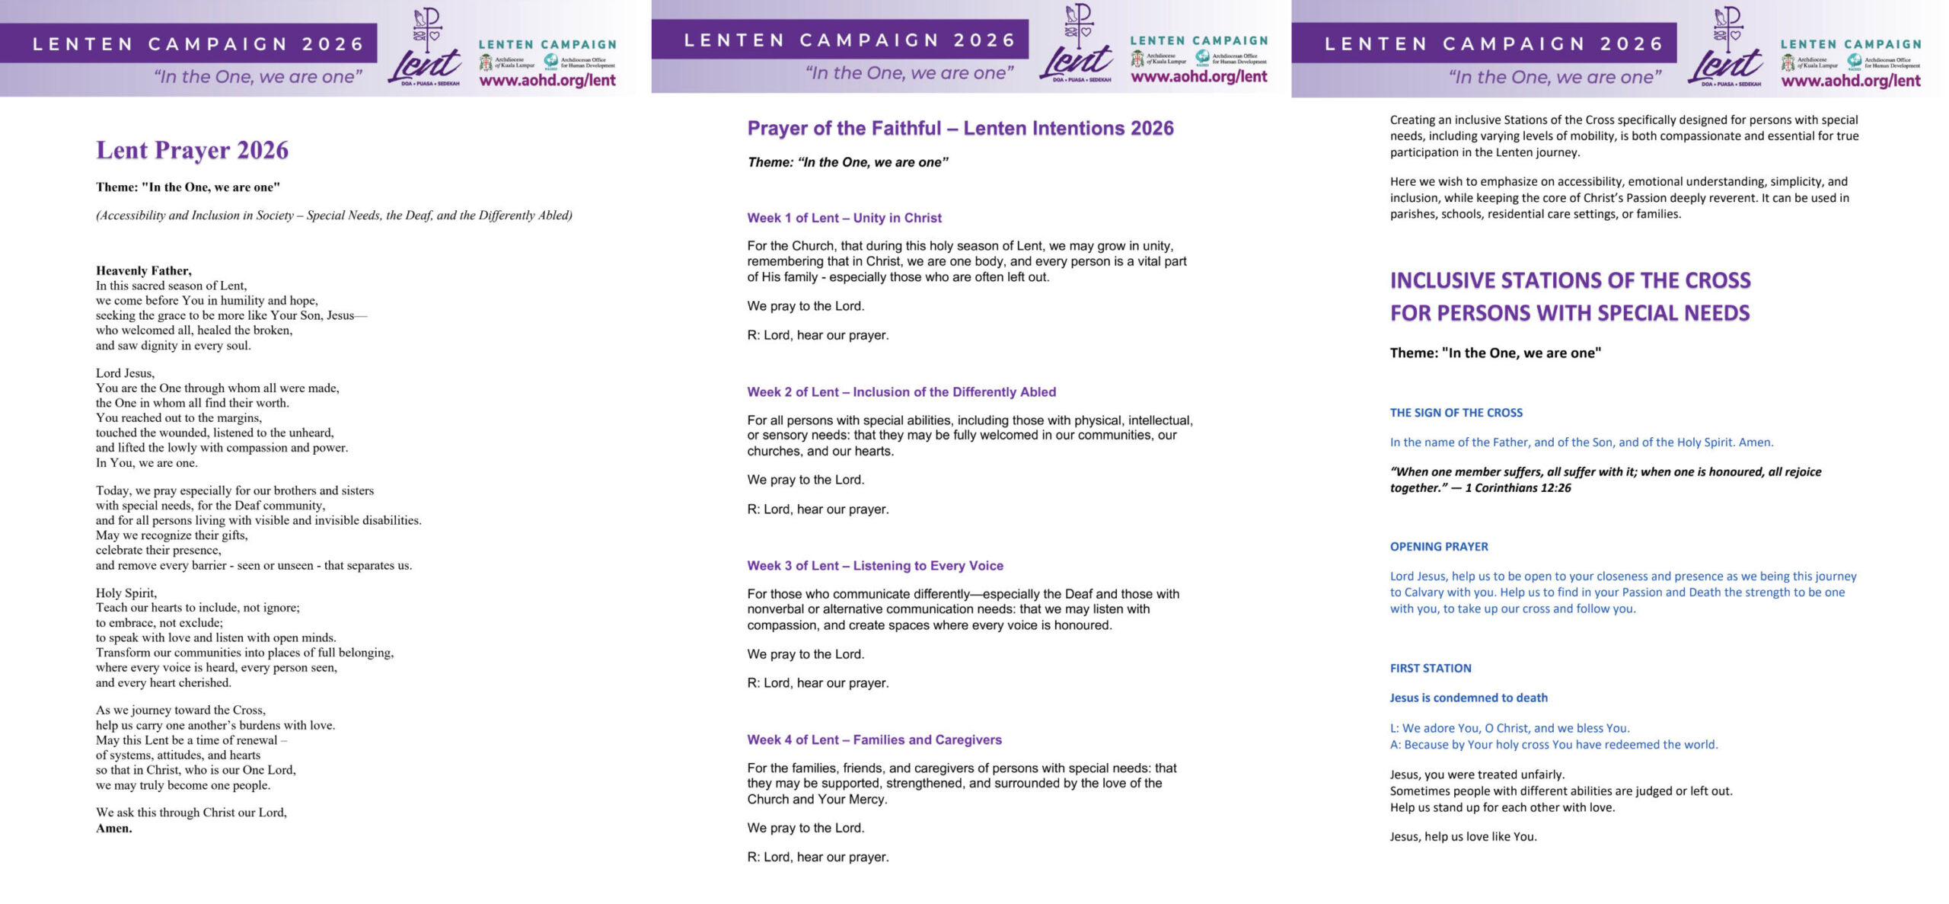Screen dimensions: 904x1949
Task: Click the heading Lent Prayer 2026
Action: (192, 150)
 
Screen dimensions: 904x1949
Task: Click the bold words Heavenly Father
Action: (143, 270)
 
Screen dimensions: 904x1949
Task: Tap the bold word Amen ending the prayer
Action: (113, 828)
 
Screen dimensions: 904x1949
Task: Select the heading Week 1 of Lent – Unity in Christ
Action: (844, 218)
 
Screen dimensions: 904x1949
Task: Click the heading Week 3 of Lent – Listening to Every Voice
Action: (875, 565)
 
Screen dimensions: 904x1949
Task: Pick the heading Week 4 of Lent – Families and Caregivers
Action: (874, 739)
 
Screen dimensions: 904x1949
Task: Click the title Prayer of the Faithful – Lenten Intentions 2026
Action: (960, 128)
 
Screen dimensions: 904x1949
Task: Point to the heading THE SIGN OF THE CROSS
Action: (1456, 413)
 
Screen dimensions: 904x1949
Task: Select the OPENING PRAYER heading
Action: (1438, 546)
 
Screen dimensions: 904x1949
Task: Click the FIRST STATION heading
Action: (1430, 668)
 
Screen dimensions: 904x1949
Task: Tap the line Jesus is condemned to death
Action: (1468, 698)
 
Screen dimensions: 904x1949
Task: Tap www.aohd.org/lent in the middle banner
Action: (1198, 76)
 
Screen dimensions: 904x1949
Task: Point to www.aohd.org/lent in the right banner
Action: (1850, 81)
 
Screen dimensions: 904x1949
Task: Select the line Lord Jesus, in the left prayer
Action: (125, 373)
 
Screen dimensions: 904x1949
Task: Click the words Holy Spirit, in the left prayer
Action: (126, 593)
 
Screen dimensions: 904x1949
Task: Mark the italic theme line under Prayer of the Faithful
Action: (847, 162)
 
